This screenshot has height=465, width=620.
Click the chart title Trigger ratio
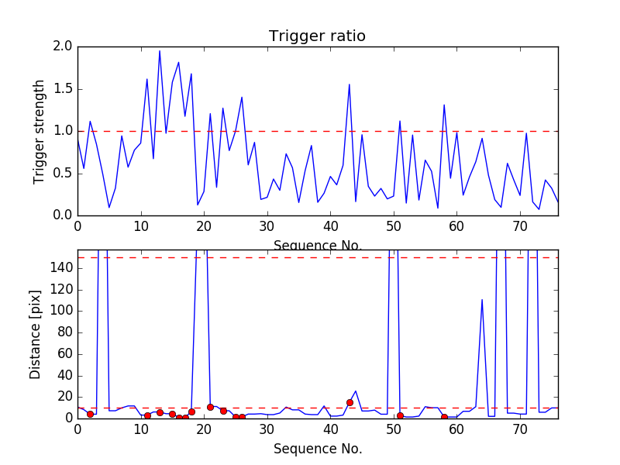[x=317, y=36]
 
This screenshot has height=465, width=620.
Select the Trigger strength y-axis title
[x=40, y=131]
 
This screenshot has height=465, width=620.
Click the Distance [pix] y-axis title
[x=36, y=334]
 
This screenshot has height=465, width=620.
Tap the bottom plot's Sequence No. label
[x=317, y=449]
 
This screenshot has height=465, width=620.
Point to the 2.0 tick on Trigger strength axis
[x=64, y=46]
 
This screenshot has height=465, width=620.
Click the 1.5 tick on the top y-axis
[x=64, y=89]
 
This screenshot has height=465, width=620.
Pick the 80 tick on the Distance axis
[x=64, y=332]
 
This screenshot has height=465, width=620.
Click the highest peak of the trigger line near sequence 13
[x=160, y=51]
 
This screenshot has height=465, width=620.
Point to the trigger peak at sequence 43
[x=350, y=84]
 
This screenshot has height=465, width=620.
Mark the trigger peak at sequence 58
[x=444, y=105]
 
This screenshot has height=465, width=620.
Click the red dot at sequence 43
[x=350, y=402]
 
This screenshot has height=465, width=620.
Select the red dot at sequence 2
[x=90, y=414]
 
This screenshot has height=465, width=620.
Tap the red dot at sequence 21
[x=210, y=407]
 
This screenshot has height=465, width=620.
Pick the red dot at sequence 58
[x=444, y=417]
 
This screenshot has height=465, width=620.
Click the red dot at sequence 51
[x=400, y=415]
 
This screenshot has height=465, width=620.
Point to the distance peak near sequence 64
[x=482, y=300]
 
